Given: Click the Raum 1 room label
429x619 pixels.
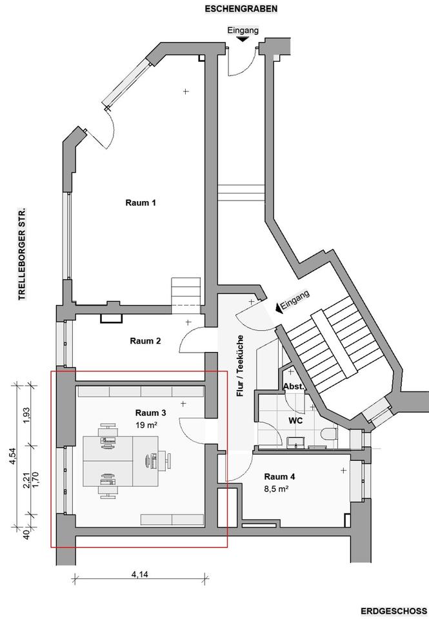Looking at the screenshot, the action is (x=141, y=202).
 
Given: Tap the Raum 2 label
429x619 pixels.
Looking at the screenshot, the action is (x=145, y=341).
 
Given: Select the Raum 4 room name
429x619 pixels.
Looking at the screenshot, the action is (x=279, y=477).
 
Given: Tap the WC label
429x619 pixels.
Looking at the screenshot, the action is (x=295, y=420).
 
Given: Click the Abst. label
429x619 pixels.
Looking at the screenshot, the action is (x=293, y=386).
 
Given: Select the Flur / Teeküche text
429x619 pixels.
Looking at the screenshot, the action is (x=240, y=366).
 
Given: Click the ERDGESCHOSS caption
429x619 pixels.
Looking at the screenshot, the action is (x=394, y=611).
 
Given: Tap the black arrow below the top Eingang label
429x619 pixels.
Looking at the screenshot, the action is (x=243, y=39).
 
